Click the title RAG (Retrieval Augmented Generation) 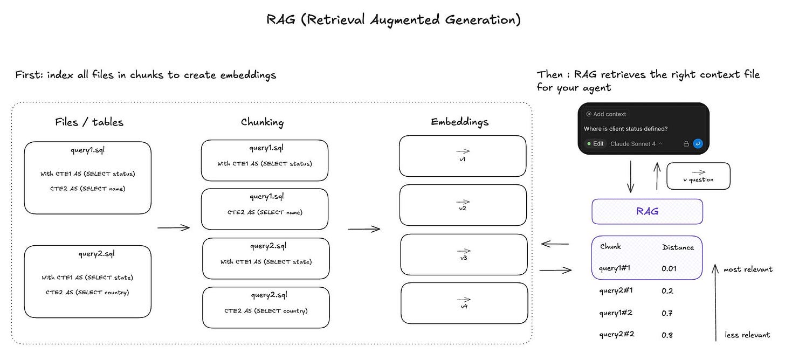pyautogui.click(x=394, y=20)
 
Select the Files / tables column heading pyautogui.click(x=89, y=122)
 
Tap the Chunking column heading pyautogui.click(x=262, y=122)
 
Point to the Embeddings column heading pyautogui.click(x=459, y=122)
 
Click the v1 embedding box pyautogui.click(x=463, y=156)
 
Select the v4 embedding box pyautogui.click(x=464, y=303)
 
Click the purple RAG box pyautogui.click(x=647, y=211)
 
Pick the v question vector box pyautogui.click(x=698, y=176)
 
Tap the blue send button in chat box pyautogui.click(x=698, y=144)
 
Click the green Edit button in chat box pyautogui.click(x=595, y=144)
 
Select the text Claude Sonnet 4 pyautogui.click(x=633, y=144)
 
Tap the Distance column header pyautogui.click(x=678, y=247)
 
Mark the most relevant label pyautogui.click(x=748, y=269)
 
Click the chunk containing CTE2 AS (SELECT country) pyautogui.click(x=266, y=307)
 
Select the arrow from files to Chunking pyautogui.click(x=174, y=228)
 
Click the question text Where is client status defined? pyautogui.click(x=625, y=129)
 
